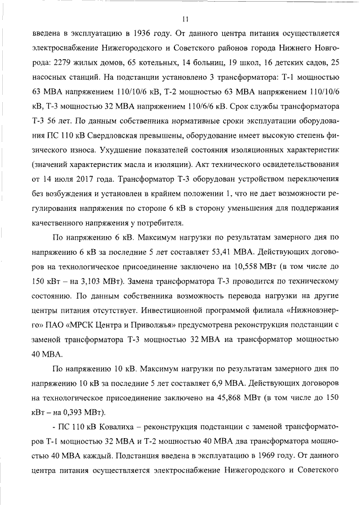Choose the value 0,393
coord(83,413)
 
